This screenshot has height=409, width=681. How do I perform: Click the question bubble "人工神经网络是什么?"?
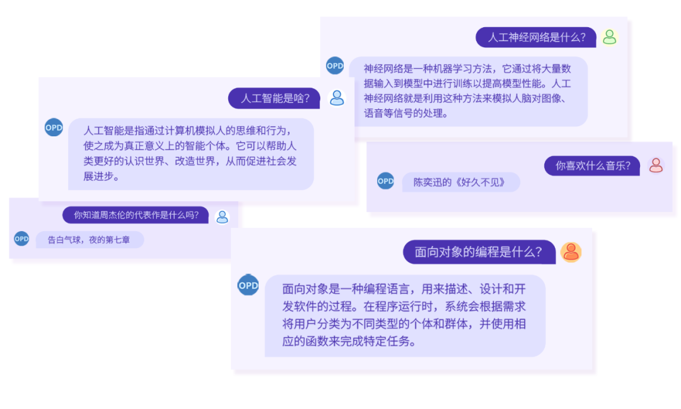click(535, 37)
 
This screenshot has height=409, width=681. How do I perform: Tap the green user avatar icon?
click(609, 37)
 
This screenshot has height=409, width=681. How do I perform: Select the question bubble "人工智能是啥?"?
click(274, 98)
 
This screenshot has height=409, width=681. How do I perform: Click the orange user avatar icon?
click(571, 252)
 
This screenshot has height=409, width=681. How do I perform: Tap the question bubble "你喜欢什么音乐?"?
click(591, 166)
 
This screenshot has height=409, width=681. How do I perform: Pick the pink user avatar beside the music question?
click(656, 165)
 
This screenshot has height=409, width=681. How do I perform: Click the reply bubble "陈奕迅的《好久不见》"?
click(461, 182)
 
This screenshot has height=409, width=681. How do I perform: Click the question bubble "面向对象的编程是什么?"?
click(479, 252)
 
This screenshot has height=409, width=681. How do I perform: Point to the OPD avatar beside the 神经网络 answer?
click(335, 65)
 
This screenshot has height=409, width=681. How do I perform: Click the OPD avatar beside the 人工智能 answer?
click(54, 127)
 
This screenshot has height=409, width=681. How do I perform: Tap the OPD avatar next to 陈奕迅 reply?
click(385, 181)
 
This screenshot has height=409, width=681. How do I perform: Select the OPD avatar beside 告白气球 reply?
click(21, 239)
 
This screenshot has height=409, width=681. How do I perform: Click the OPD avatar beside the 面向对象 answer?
click(248, 285)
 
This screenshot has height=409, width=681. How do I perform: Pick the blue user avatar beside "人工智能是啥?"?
click(337, 98)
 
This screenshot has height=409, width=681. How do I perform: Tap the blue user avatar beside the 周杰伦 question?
click(222, 216)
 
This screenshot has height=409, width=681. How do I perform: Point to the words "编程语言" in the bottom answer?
click(380, 289)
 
